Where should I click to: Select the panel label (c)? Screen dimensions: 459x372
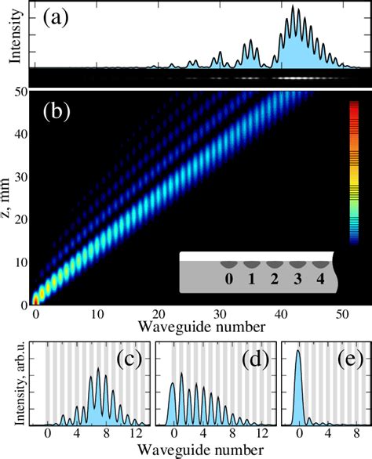pyautogui.click(x=129, y=360)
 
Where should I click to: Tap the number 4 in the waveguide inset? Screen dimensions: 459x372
pyautogui.click(x=319, y=277)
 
